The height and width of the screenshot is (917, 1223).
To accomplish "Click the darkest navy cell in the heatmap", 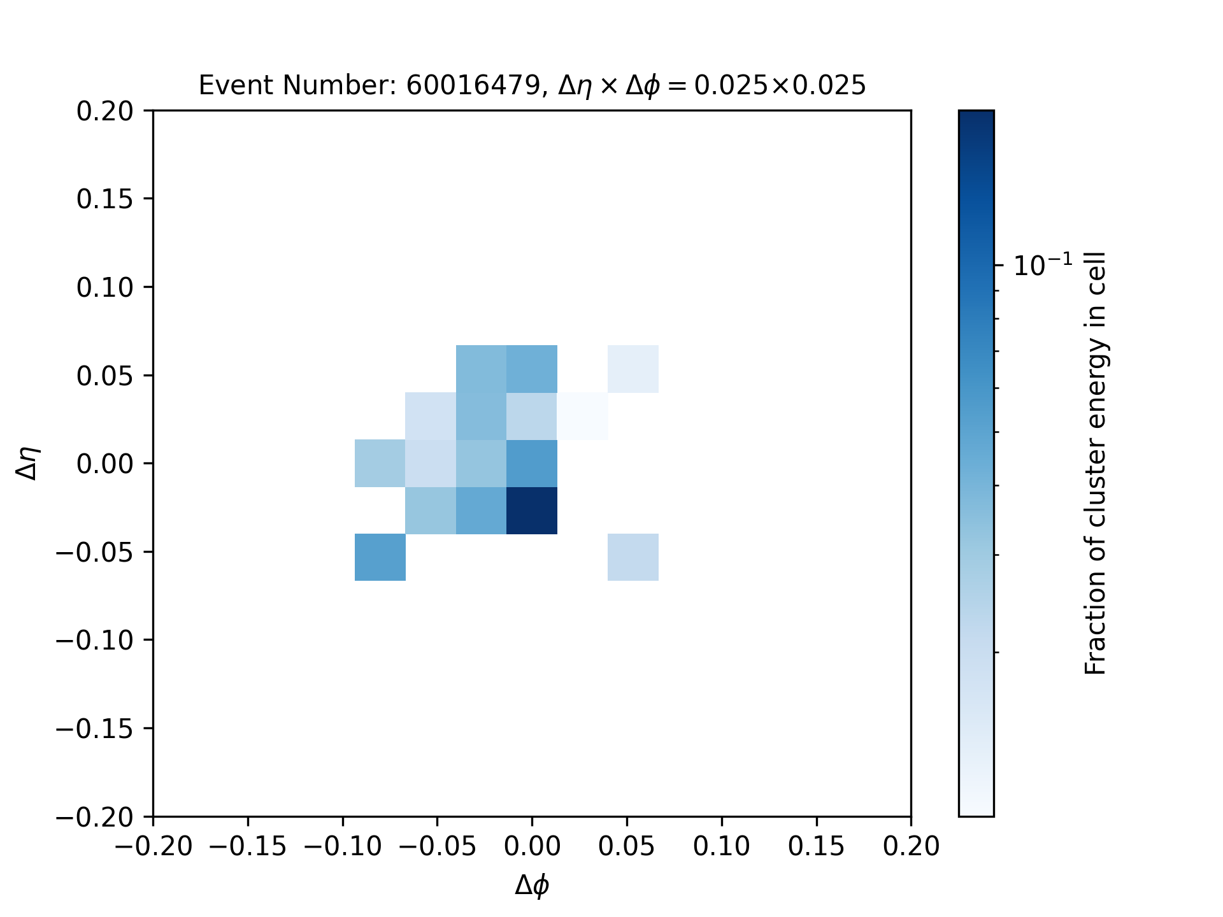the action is [532, 511].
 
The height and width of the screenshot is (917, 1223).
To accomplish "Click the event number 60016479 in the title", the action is [473, 85].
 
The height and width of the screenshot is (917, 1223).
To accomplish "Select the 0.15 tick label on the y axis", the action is [105, 199].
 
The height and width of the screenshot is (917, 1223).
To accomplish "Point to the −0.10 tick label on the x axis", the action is [342, 846].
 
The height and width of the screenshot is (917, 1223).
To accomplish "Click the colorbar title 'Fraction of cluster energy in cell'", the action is [1096, 464].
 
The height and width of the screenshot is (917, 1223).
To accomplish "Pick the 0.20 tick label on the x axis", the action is [911, 846].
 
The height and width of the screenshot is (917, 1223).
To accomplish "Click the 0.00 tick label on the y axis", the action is [105, 464].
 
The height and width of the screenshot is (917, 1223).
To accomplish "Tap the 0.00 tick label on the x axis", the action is [532, 846].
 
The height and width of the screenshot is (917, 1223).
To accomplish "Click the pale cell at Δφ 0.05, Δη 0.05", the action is [633, 369].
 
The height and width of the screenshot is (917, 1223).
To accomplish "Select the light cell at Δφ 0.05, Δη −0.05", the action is [633, 558].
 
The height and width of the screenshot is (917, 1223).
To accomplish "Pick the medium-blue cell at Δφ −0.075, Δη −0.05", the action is [380, 558].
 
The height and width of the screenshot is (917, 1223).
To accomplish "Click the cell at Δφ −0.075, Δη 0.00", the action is [380, 464].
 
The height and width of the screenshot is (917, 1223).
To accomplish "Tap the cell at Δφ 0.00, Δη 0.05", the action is [532, 369].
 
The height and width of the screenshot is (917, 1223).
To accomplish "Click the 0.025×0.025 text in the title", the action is [780, 85].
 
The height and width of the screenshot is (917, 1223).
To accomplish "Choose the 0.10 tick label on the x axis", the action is [722, 846].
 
